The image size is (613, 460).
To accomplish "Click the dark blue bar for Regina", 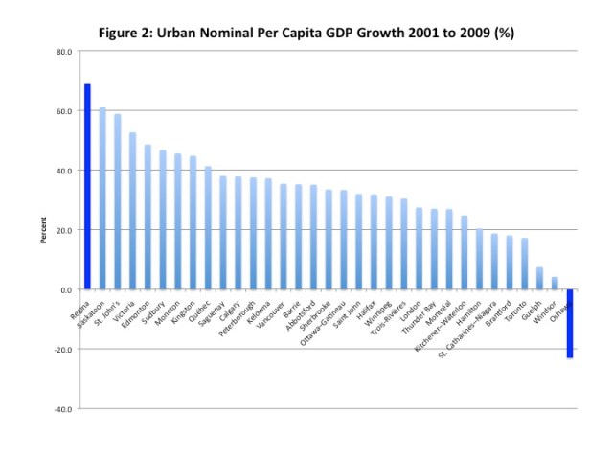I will [x=87, y=187].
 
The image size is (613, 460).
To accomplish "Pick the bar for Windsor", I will [x=554, y=284].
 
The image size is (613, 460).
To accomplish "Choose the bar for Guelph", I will [x=539, y=279].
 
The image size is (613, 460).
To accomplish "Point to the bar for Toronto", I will [x=524, y=264].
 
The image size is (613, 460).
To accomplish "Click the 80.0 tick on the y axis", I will [x=64, y=51].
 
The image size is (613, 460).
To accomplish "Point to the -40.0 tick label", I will [x=62, y=409].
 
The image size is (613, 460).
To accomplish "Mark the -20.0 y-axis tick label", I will [x=62, y=350].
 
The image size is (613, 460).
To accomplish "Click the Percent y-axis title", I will [x=42, y=230].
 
